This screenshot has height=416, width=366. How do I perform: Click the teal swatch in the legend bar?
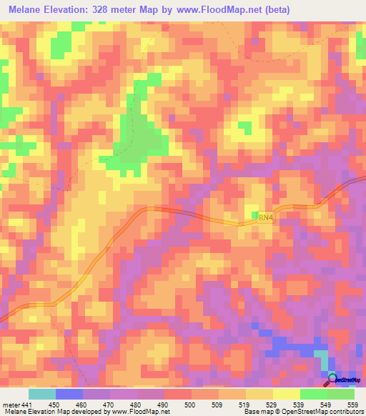(x=42, y=394)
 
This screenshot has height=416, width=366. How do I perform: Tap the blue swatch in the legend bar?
(x=69, y=394)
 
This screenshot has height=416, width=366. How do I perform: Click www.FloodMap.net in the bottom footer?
(x=139, y=411)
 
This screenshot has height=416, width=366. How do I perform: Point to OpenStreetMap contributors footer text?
(x=327, y=411)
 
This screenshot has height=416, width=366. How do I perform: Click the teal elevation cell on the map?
(x=323, y=361)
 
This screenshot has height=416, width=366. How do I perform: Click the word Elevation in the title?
(x=73, y=10)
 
